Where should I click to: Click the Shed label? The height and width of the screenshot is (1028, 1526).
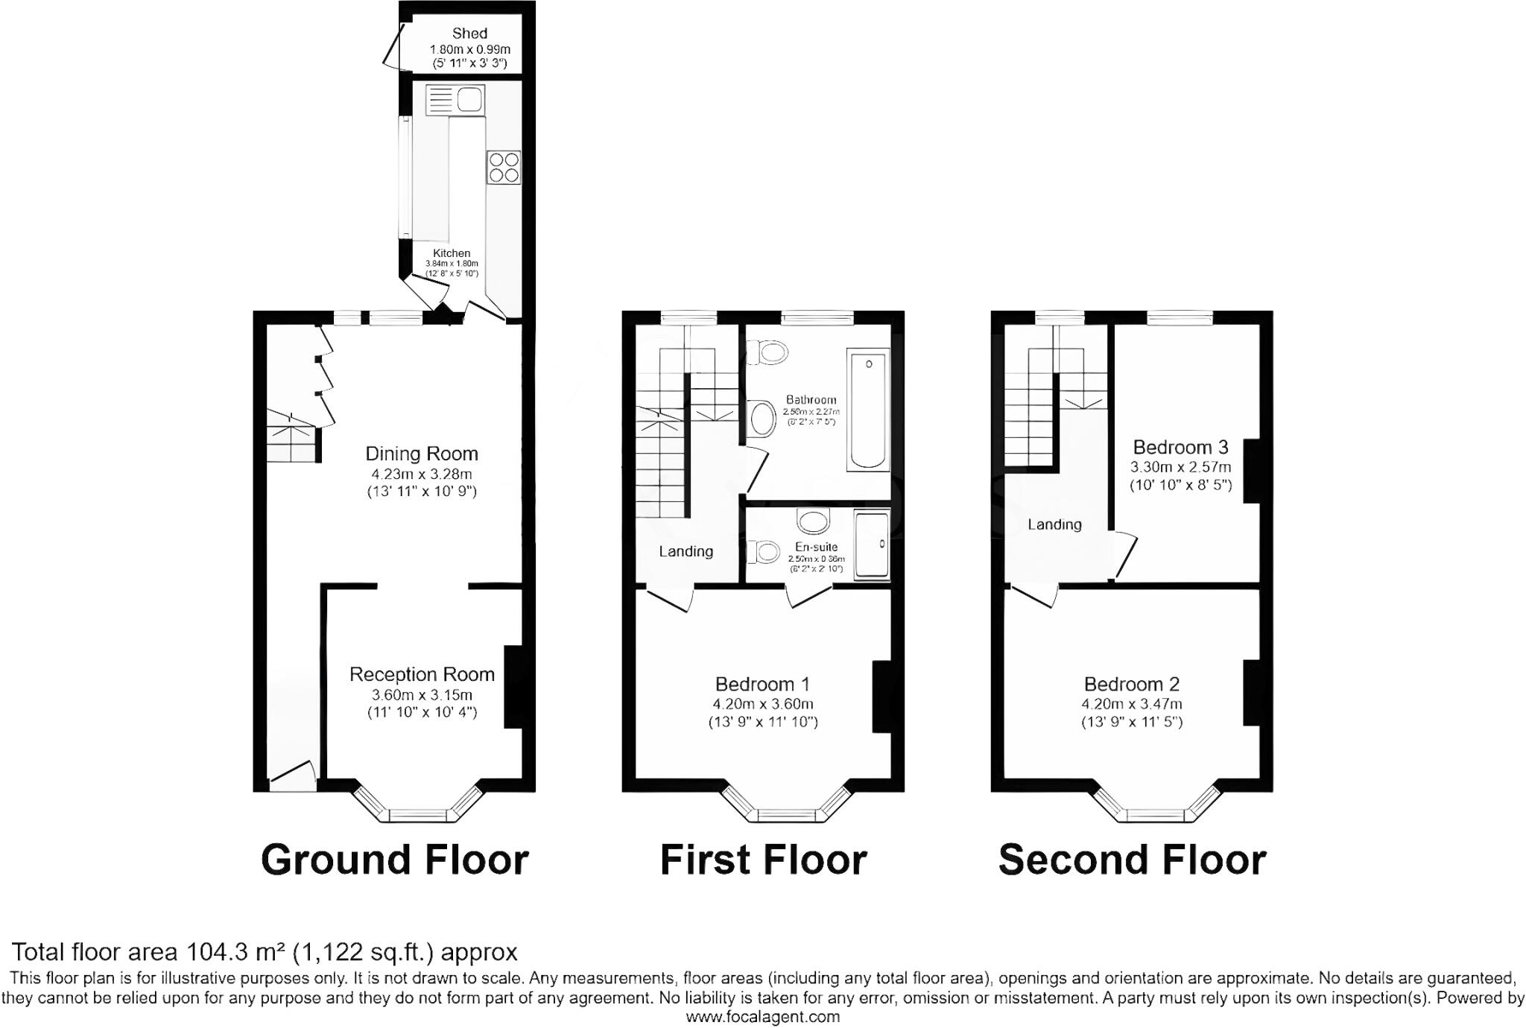point(469,34)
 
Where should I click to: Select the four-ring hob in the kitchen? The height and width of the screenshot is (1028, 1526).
point(504,167)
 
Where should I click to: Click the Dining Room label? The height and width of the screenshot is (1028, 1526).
point(421,454)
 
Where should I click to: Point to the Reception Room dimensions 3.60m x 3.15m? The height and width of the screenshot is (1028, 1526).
point(422,695)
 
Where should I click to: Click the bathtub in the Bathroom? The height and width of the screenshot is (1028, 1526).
point(868,410)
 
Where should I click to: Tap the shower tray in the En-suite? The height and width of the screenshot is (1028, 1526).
point(871,545)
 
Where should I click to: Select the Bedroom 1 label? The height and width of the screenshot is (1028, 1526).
point(762,684)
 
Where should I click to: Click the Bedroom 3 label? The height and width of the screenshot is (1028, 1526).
point(1180,447)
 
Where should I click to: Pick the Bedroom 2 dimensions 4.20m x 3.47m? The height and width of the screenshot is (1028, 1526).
point(1131,704)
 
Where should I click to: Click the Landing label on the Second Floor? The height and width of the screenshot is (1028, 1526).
point(1054,524)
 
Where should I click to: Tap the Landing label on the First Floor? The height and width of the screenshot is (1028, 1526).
point(686,551)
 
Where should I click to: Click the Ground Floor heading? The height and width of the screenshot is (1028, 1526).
point(394,860)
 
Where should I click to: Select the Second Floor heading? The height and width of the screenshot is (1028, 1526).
point(1132,860)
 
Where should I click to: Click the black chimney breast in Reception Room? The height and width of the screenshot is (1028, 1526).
point(513,686)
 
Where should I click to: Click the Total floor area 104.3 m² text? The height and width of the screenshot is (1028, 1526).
point(265,952)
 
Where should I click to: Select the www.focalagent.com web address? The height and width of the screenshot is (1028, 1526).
point(762,1017)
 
